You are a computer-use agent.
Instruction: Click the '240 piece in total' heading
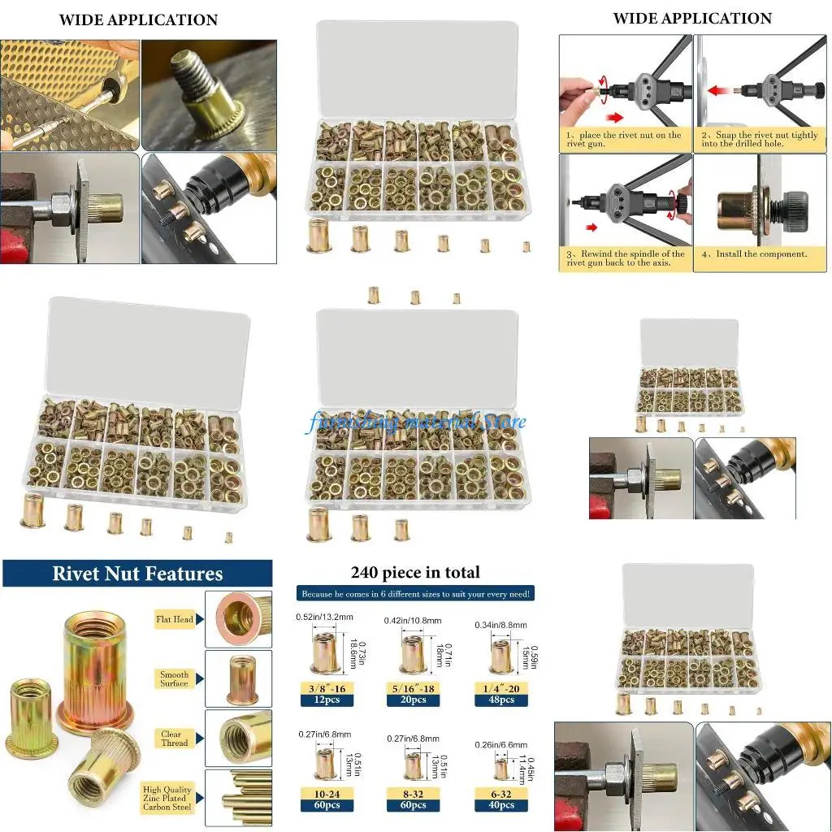(x=415, y=573)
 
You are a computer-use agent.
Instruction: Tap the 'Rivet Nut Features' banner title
(x=137, y=574)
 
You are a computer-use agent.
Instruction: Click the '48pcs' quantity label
(x=501, y=700)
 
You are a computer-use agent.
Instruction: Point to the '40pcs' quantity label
(x=501, y=804)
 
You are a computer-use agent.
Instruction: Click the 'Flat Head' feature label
(x=175, y=619)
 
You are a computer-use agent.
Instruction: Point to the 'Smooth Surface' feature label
(x=174, y=678)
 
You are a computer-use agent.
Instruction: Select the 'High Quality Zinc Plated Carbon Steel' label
(x=167, y=798)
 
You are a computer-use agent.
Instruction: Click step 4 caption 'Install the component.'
(x=755, y=254)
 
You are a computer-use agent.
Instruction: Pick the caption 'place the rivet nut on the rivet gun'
(x=624, y=139)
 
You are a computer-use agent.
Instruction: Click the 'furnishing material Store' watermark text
(x=415, y=422)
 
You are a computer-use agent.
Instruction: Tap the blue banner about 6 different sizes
(x=415, y=594)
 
